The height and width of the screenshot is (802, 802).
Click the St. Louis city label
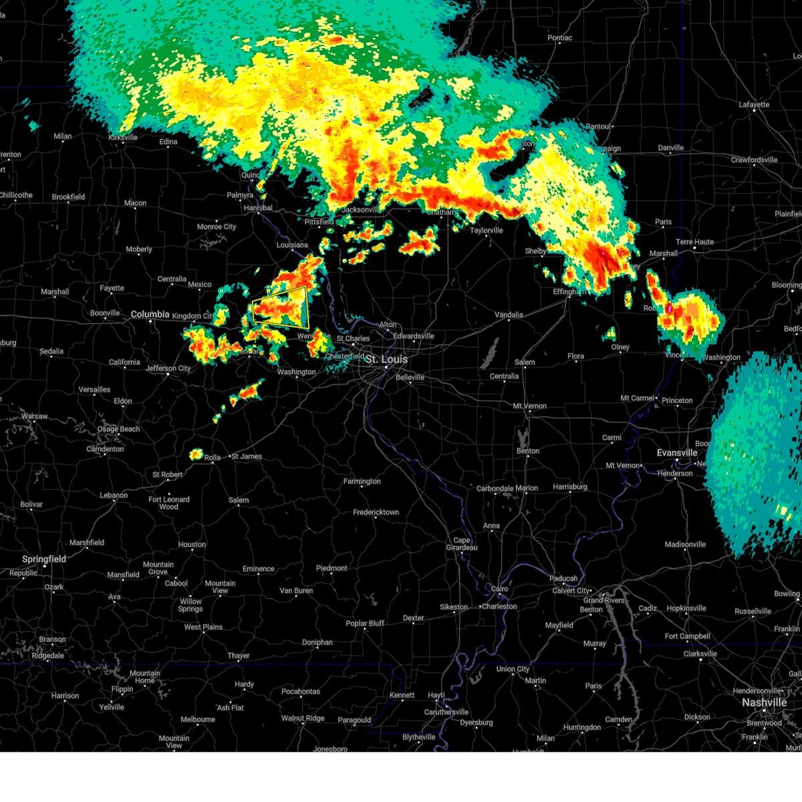(x=386, y=360)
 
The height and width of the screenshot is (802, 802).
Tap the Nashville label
(x=764, y=702)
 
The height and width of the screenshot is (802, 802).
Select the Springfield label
(x=44, y=559)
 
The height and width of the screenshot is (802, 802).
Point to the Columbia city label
(x=150, y=314)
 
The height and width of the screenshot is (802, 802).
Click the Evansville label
(x=677, y=452)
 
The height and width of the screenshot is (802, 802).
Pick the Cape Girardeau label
(x=462, y=544)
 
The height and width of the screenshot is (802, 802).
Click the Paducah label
(x=563, y=578)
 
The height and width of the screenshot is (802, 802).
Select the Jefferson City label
(x=168, y=368)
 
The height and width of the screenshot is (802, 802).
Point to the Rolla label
(x=213, y=458)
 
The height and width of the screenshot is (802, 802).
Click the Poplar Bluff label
(x=365, y=624)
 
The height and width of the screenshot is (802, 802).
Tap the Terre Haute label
(x=694, y=242)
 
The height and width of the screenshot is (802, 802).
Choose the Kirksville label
(x=123, y=138)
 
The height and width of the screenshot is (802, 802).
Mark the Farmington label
(x=362, y=481)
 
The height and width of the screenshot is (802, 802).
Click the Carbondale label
(x=495, y=489)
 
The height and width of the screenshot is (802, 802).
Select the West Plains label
(x=203, y=627)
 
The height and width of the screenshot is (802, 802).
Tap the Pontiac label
(x=559, y=38)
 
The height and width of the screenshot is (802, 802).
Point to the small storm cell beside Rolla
(x=196, y=454)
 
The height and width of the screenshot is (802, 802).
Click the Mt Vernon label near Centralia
(x=529, y=406)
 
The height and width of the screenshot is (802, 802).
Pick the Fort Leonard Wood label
(x=169, y=503)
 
